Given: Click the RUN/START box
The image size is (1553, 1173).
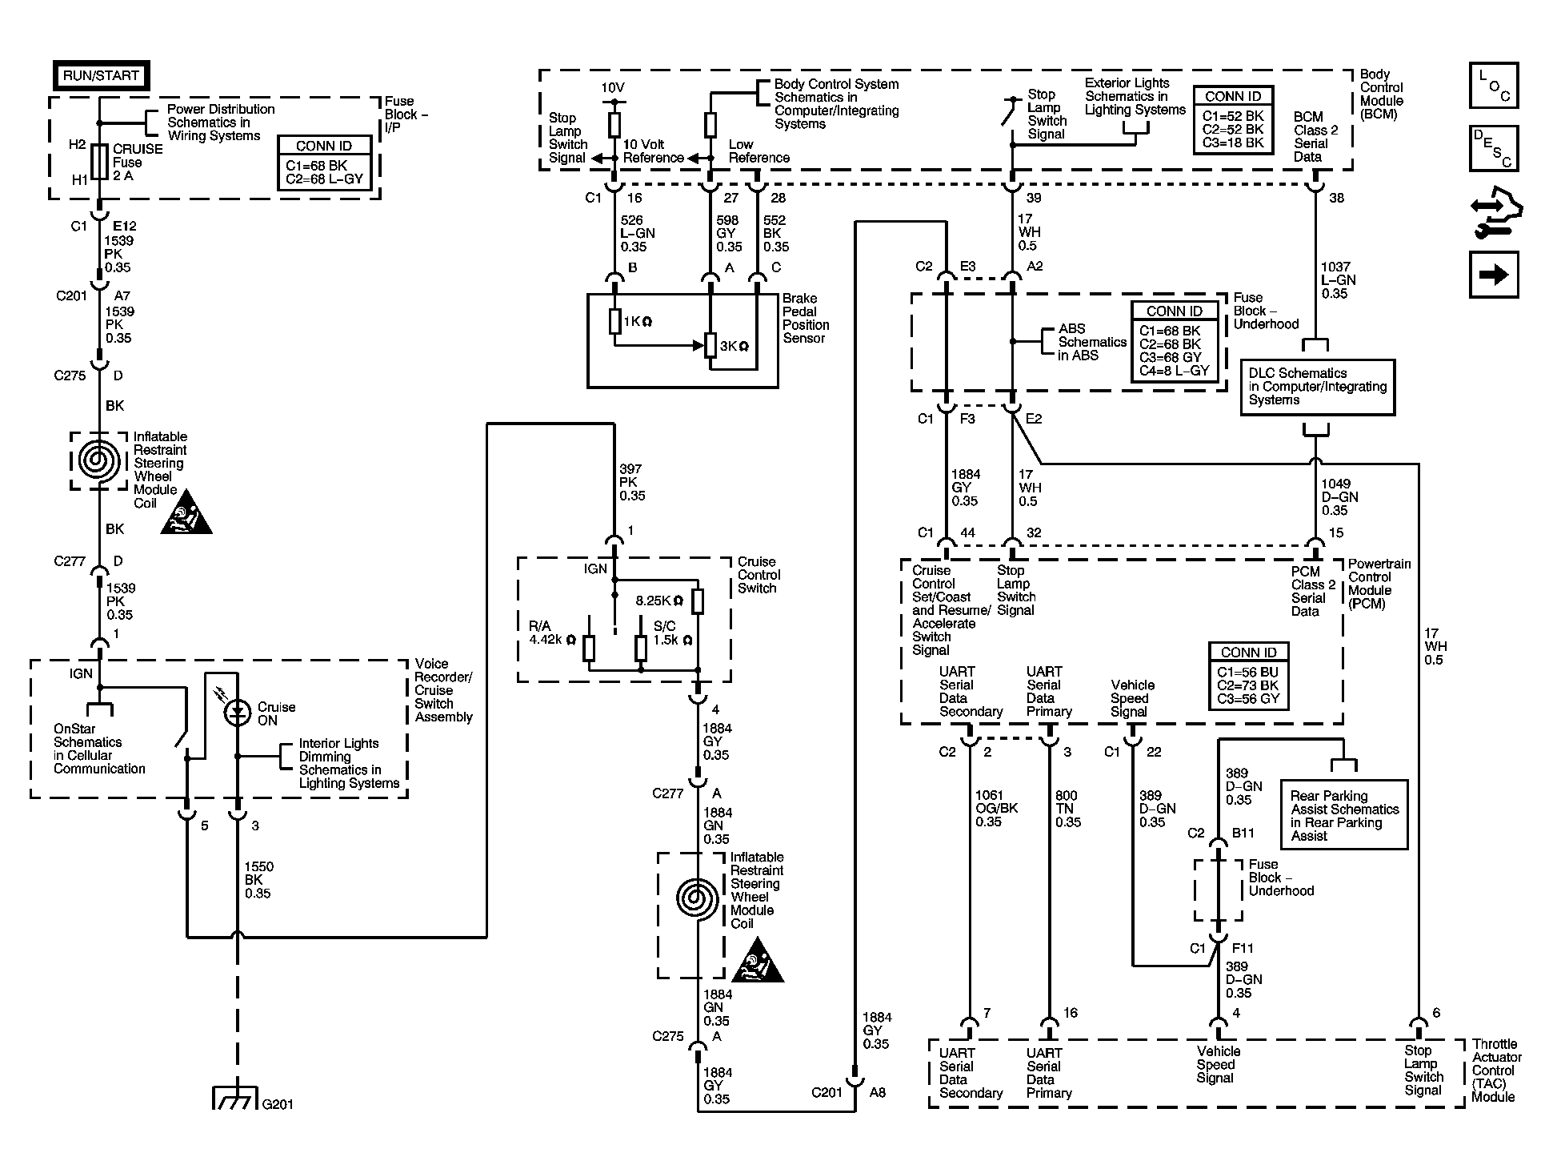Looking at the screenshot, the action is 102,76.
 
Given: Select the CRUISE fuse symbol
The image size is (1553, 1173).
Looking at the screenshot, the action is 100,161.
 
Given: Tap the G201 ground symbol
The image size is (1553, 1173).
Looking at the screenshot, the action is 236,1097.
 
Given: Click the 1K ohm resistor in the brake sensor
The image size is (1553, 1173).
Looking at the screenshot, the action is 614,322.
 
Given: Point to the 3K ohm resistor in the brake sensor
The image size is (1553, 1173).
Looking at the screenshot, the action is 710,346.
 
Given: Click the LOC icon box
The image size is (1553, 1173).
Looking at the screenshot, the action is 1494,85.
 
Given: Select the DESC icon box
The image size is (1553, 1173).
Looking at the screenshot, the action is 1494,148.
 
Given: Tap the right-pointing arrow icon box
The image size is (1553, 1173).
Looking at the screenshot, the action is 1494,275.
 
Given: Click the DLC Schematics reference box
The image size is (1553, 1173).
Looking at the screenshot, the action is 1317,388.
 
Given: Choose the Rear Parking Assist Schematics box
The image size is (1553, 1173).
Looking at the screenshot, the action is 1344,815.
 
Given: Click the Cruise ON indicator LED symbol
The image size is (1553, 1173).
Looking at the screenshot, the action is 238,712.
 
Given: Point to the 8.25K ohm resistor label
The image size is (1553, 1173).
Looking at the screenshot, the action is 659,601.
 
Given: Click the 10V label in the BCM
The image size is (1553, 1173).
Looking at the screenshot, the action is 613,87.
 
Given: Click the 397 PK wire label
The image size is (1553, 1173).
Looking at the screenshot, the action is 632,482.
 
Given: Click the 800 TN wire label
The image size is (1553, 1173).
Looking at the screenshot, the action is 1068,809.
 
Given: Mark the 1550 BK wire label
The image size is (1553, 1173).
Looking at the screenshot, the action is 259,880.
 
